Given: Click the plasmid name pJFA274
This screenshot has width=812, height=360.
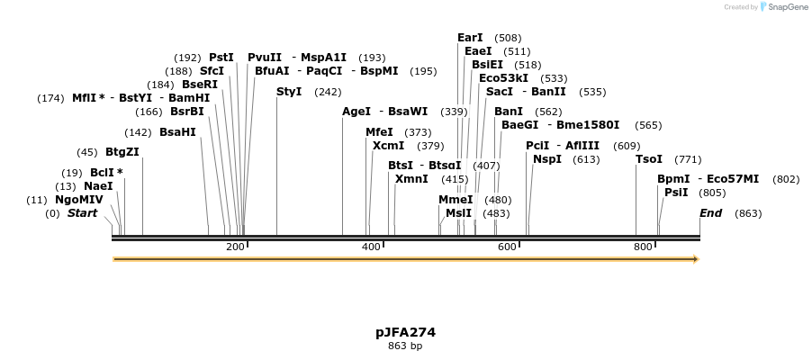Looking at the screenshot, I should coord(405,332).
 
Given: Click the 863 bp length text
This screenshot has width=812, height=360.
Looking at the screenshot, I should coord(405,346).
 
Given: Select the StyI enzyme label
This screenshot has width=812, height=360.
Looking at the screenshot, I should coord(289,92).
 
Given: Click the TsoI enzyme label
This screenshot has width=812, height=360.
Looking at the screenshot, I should coord(649,159).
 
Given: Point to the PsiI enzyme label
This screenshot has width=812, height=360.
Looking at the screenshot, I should coord(676,193).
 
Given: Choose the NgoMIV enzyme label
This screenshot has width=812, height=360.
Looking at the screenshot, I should coord(79,200).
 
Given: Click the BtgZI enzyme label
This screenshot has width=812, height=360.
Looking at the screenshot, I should coord(122,152).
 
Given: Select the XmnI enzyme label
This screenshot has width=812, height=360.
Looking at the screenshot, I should coord(411,179).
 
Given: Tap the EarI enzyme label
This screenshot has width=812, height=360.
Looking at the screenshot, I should coord(470,38).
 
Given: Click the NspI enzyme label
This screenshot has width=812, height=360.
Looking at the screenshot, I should coord(547,159).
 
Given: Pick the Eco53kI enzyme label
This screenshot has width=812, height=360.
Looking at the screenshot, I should coord(503,78).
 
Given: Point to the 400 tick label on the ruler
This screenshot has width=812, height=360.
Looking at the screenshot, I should coord(371,247).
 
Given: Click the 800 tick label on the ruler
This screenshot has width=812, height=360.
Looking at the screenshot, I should coord(643,247).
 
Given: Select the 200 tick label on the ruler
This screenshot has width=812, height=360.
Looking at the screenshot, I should coord(235,247).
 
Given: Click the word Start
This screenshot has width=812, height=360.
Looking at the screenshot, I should coord(82,213).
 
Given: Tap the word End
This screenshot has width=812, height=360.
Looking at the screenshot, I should coord(710,213).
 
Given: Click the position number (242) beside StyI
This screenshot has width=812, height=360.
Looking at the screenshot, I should coord(328,92).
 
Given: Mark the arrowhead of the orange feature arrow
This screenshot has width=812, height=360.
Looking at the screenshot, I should coord(694,259).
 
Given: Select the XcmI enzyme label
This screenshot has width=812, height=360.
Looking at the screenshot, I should coord(388,146).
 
